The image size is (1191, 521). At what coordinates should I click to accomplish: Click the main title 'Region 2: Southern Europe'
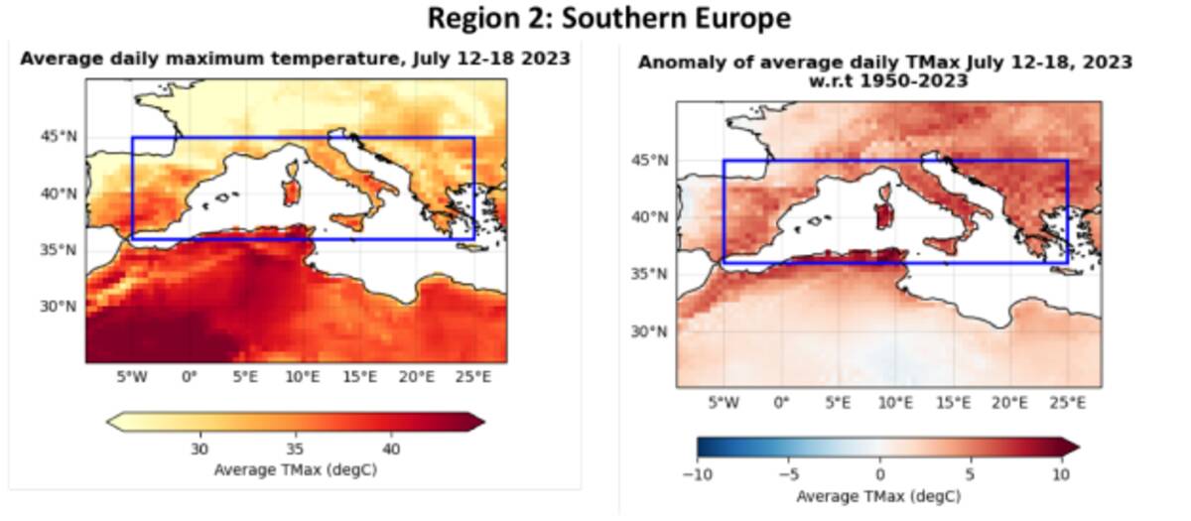609,18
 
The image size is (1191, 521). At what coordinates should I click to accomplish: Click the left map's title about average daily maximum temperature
296,59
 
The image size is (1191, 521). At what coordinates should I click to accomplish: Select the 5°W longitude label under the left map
132,377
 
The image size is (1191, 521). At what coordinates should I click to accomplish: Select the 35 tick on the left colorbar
295,448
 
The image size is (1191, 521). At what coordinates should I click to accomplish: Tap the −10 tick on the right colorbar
698,473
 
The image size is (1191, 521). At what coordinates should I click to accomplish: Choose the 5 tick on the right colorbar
971,473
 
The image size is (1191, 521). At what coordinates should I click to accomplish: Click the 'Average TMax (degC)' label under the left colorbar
295,469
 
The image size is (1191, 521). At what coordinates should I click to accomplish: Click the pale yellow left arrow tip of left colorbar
113,422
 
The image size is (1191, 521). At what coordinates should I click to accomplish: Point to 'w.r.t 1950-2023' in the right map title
884,80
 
